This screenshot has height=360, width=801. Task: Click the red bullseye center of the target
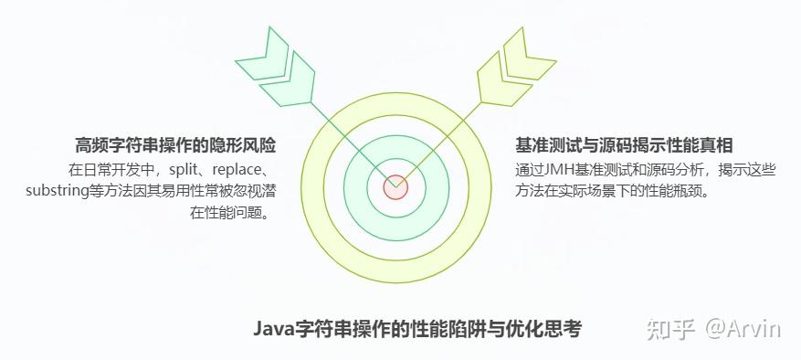tap(395, 187)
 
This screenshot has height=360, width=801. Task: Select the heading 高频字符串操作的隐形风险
tap(175, 146)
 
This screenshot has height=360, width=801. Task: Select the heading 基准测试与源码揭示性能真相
tap(625, 146)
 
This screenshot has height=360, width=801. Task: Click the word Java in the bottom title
tap(271, 329)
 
